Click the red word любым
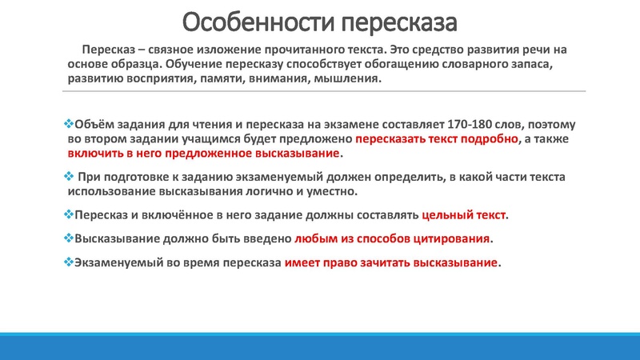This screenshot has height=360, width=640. pos(315,238)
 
